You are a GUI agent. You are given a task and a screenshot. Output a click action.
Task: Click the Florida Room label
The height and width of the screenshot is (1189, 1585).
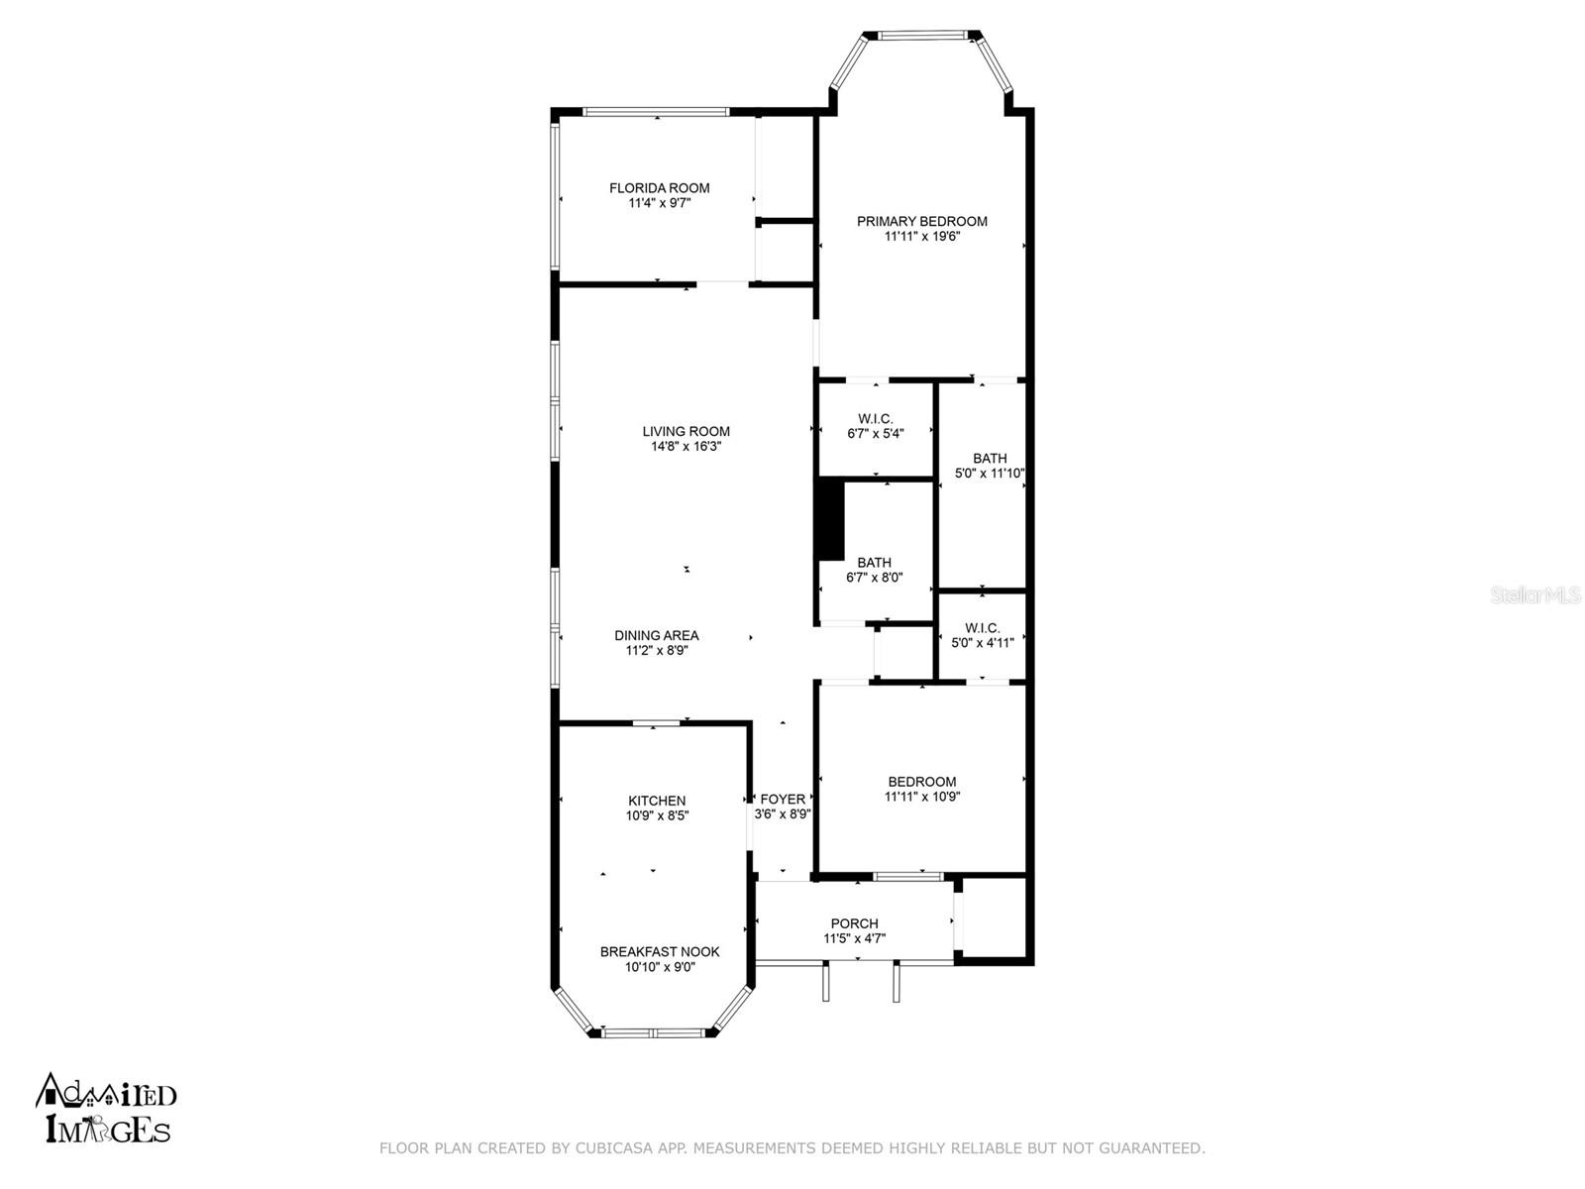click(x=659, y=187)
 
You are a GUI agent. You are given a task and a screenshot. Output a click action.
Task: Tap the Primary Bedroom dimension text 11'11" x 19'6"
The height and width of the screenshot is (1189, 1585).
click(x=921, y=236)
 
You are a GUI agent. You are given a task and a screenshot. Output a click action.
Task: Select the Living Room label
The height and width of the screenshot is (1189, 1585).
click(x=686, y=431)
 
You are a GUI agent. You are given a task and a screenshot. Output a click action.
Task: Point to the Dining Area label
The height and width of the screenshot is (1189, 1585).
click(x=656, y=635)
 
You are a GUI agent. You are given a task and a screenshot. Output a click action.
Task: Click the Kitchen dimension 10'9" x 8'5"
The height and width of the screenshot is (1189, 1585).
click(x=657, y=815)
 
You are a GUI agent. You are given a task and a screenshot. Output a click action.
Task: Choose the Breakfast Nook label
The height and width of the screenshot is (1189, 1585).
click(x=660, y=951)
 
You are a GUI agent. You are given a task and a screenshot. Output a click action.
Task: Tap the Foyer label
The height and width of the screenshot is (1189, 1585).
click(x=782, y=800)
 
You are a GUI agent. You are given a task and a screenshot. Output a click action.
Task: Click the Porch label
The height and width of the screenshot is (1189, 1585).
click(x=854, y=923)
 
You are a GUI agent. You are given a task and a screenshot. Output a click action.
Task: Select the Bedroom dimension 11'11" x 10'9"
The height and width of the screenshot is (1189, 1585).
click(x=921, y=797)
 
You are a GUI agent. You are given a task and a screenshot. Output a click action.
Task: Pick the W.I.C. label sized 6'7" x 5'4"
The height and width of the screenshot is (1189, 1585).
click(x=875, y=419)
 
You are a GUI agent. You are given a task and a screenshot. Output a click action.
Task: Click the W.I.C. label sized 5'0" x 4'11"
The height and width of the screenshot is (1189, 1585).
click(x=982, y=628)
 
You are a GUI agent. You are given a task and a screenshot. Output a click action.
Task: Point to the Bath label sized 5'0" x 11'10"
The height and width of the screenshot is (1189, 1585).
click(x=990, y=458)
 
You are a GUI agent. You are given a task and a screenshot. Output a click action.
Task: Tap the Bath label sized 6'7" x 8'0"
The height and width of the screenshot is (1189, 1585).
click(x=874, y=563)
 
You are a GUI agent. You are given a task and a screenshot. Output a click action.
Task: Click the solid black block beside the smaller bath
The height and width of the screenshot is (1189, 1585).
click(x=830, y=519)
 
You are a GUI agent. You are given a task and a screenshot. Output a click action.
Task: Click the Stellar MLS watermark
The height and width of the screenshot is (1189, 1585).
click(x=1535, y=595)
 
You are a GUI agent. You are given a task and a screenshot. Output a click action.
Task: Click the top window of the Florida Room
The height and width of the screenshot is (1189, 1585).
click(x=657, y=112)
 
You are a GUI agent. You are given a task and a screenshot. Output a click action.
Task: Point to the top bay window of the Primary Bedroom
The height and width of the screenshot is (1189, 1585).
click(x=921, y=35)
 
